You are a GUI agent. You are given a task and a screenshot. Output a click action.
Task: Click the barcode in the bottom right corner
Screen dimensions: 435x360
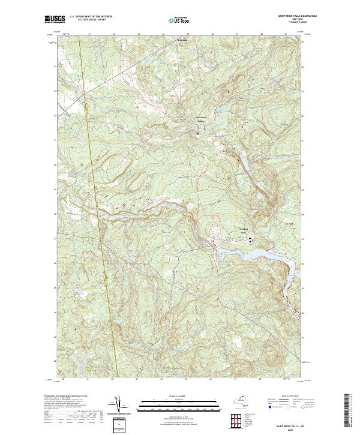[347, 410]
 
